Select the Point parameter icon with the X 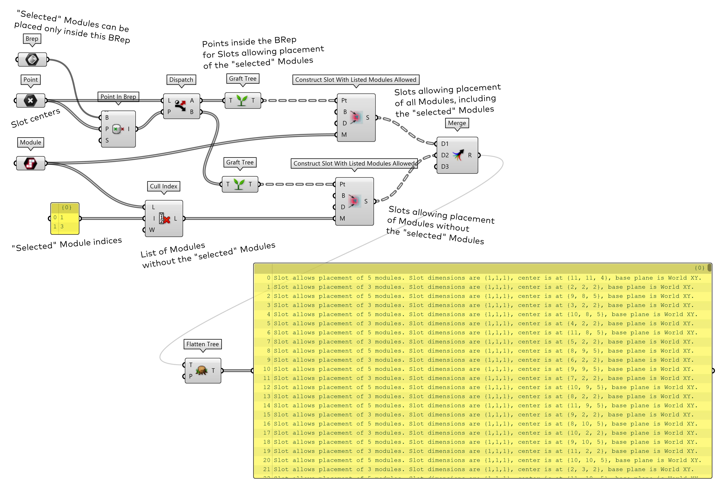coord(30,100)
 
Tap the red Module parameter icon coord(30,163)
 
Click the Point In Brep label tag coord(118,97)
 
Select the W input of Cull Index coord(152,230)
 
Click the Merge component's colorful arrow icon coord(458,155)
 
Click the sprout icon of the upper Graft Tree coord(242,100)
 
